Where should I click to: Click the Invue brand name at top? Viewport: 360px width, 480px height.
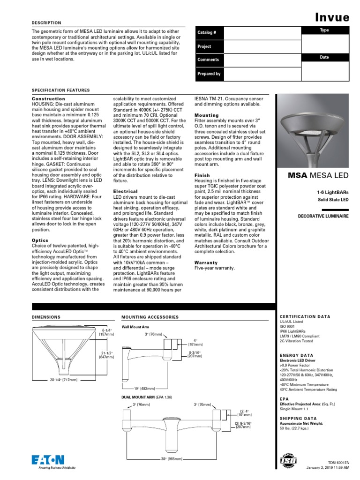pos(331,17)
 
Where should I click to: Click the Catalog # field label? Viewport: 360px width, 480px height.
pos(206,33)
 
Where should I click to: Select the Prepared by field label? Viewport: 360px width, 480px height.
pos(209,74)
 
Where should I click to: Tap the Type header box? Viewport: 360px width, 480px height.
pos(324,30)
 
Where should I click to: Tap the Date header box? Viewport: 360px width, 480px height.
pos(324,57)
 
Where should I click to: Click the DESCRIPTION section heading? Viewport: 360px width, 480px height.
pos(46,22)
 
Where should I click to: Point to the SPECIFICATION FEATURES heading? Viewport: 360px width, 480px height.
pos(60,90)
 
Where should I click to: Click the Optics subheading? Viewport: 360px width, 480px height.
pos(40,240)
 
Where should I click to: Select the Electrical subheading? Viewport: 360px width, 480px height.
pos(125,191)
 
